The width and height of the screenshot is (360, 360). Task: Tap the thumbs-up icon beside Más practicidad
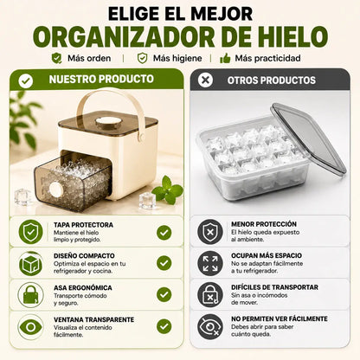[x=225, y=58]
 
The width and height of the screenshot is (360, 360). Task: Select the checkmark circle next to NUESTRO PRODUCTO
[x=26, y=80]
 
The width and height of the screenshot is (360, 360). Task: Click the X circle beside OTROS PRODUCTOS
[x=205, y=80]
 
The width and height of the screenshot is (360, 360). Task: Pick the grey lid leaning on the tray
[x=308, y=138]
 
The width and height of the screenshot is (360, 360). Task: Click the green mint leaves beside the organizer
[x=168, y=190]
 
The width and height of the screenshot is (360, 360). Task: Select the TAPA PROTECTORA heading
[x=83, y=225]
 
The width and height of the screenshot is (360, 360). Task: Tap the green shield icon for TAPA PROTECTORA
[x=30, y=232]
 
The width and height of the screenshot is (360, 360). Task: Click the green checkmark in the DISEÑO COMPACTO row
[x=164, y=263]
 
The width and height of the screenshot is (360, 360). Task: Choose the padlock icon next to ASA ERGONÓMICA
[x=30, y=295]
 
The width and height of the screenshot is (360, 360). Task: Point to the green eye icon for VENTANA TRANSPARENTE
[x=30, y=327]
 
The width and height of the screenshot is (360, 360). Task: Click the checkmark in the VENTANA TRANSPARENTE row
[x=164, y=326]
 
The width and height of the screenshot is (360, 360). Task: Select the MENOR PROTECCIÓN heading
[x=264, y=224]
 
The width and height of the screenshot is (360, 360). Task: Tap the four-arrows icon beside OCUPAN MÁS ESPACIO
[x=210, y=263]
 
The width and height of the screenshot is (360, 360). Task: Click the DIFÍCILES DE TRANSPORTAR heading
[x=274, y=287]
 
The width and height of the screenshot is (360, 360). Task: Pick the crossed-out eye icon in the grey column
[x=210, y=326]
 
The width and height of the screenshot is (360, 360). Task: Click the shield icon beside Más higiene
[x=142, y=58]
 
